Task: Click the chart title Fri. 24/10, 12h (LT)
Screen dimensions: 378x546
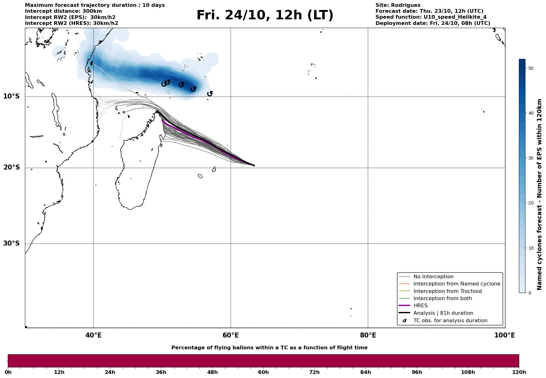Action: [x=265, y=15]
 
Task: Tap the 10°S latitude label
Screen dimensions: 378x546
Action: [x=12, y=96]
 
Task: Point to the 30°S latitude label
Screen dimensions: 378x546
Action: [x=12, y=243]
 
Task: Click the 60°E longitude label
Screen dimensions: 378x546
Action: [x=231, y=335]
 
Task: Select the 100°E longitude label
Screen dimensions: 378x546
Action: [x=504, y=335]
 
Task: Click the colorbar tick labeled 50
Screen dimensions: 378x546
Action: [x=531, y=68]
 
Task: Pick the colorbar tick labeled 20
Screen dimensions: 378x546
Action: [x=531, y=203]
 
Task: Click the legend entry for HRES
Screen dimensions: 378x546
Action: [x=420, y=306]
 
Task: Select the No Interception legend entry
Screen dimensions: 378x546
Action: [x=433, y=277]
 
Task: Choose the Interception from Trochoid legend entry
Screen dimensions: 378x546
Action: [x=447, y=291]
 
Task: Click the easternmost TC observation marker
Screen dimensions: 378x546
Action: [x=210, y=93]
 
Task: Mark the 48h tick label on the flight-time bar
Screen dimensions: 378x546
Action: [x=212, y=372]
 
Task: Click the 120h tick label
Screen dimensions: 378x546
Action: [x=519, y=372]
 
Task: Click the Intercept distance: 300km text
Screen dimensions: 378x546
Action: [x=63, y=11]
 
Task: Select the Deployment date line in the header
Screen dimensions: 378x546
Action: [x=433, y=23]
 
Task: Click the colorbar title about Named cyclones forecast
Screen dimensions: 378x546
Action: [x=539, y=194]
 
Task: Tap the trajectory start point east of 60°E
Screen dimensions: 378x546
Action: [x=254, y=165]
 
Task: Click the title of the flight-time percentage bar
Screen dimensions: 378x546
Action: [x=269, y=348]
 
